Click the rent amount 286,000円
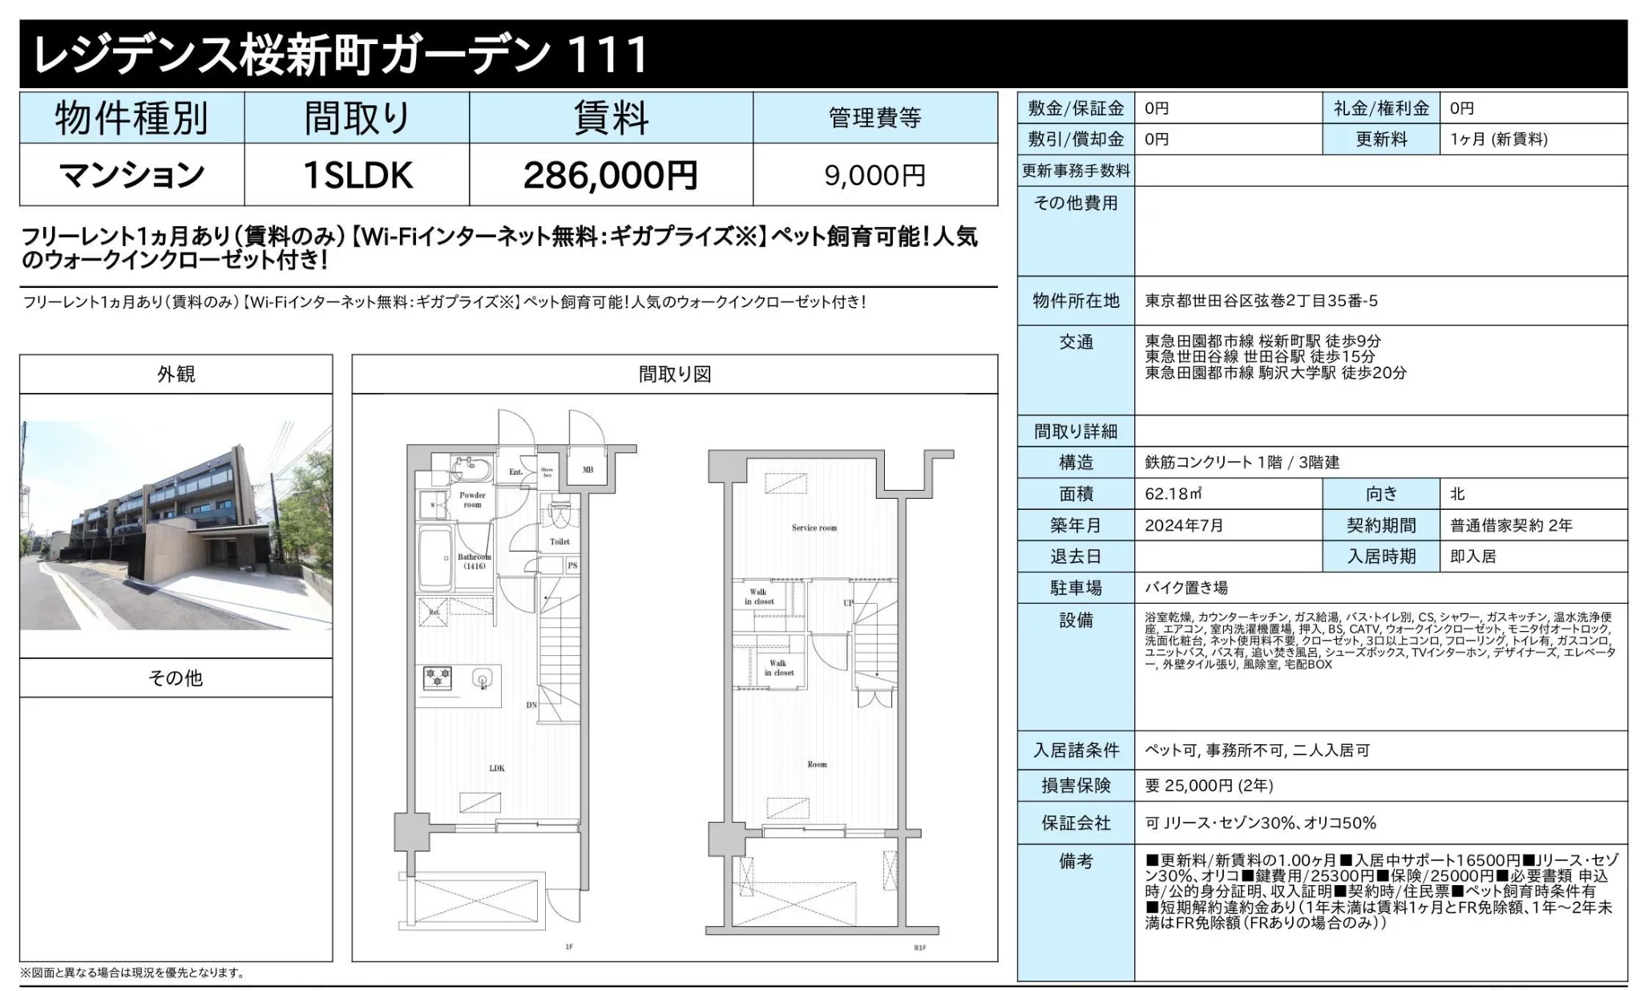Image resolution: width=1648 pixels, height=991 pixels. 610,176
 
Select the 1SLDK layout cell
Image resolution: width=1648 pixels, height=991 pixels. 357,176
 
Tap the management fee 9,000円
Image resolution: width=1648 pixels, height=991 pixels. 874,176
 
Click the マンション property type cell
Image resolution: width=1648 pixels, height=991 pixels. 131,176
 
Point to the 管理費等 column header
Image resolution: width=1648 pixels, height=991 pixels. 874,118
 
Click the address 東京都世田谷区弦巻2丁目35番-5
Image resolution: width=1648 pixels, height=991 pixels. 1261,301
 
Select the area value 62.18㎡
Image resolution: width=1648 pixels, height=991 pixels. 1173,494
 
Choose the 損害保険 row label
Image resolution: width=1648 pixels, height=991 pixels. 1076,785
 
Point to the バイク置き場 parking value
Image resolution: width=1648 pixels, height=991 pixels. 1186,588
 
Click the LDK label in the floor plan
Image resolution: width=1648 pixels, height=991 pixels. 497,768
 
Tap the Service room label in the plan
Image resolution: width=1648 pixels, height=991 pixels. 814,528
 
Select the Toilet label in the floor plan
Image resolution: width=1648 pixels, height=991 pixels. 559,541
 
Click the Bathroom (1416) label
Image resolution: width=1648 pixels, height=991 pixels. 474,561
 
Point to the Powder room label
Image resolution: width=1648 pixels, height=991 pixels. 473,500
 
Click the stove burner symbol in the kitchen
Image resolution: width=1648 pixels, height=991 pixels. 438,678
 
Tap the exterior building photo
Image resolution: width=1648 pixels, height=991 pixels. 176,525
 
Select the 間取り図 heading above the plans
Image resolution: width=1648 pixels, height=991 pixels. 674,374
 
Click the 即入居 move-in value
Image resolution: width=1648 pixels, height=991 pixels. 1472,556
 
